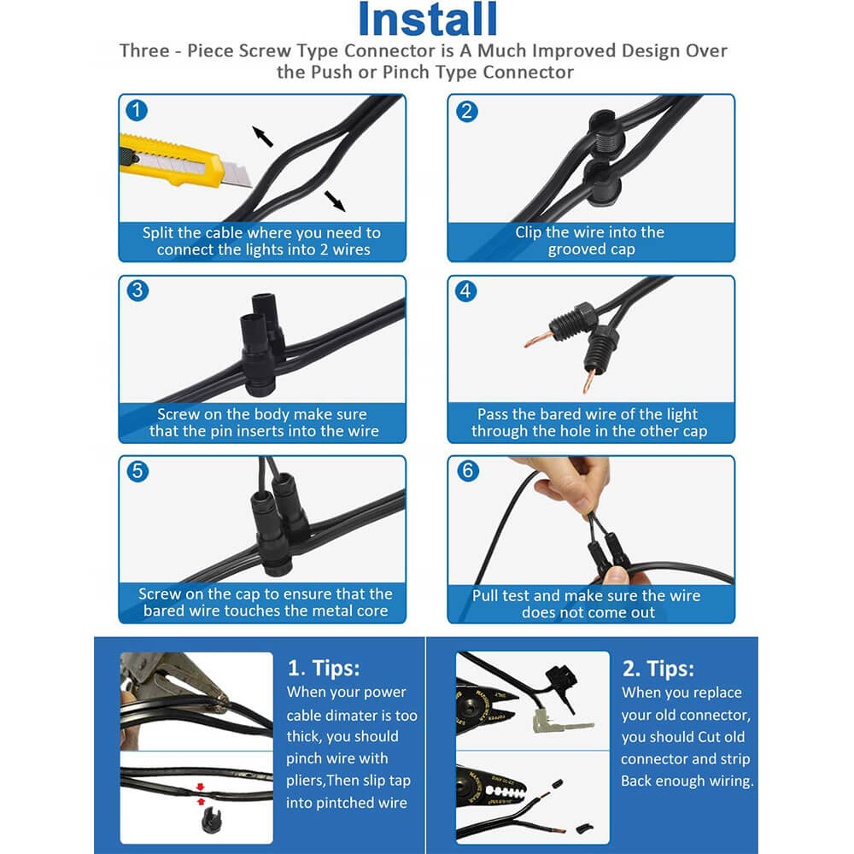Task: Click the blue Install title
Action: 428,19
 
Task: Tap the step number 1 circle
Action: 136,110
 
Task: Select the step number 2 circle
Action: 467,111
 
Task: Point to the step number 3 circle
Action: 137,290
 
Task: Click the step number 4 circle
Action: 465,291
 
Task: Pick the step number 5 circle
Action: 137,471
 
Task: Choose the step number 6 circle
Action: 468,471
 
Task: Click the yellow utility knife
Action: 183,161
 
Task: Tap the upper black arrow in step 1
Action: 262,136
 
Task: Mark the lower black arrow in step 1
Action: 335,201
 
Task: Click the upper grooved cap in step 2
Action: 604,132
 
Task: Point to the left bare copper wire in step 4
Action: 538,339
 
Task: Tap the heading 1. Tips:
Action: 324,669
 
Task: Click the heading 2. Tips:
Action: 658,669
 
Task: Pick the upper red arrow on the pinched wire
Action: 200,787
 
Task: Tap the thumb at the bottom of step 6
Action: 618,576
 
